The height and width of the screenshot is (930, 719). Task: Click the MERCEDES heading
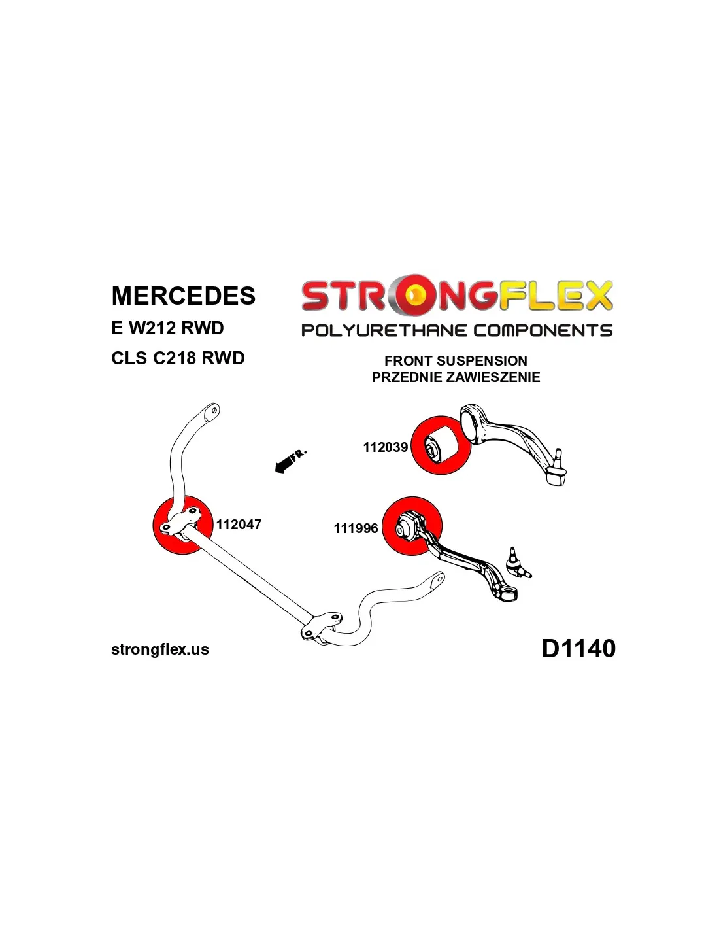click(183, 296)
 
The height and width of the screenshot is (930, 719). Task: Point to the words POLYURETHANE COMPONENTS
click(456, 330)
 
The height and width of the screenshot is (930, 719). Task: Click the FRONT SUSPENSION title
click(456, 361)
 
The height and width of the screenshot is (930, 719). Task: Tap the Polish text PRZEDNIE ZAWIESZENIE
click(456, 377)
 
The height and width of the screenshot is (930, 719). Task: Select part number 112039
click(385, 447)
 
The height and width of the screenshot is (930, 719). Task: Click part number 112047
click(239, 525)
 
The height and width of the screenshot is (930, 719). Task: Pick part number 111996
click(356, 528)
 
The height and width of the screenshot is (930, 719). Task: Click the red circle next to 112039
click(441, 445)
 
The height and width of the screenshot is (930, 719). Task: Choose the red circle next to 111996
click(411, 526)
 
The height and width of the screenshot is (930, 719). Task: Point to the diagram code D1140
click(578, 649)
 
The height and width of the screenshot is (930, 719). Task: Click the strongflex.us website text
click(160, 649)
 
